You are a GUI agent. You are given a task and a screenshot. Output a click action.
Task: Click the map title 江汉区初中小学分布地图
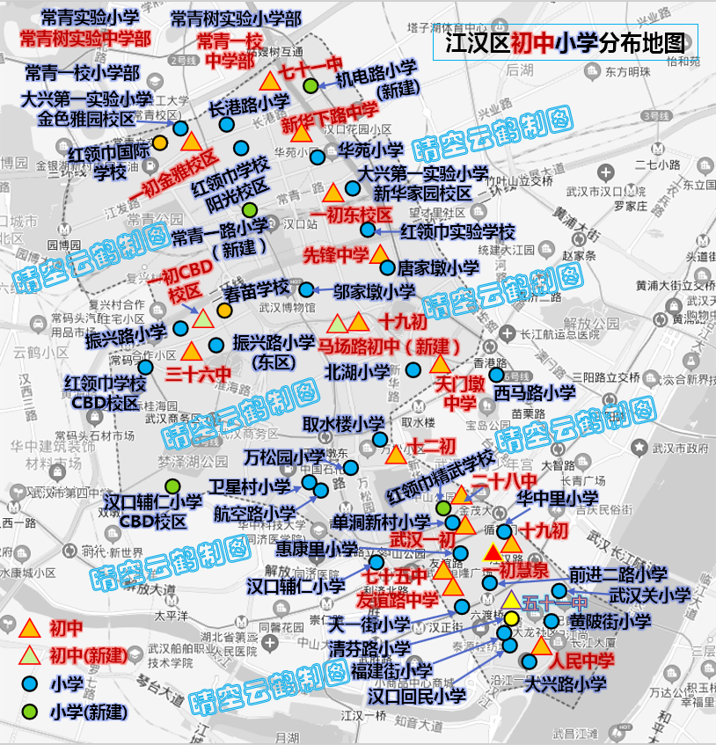[565, 42]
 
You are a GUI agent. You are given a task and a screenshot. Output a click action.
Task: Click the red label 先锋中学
[336, 255]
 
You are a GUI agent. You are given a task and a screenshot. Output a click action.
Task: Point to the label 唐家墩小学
[438, 267]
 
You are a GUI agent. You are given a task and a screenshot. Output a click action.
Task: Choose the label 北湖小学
[357, 370]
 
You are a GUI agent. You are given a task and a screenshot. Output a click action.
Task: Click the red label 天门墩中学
[459, 393]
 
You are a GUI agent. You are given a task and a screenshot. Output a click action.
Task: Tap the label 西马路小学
[535, 392]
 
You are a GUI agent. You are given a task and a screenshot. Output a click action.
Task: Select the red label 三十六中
[198, 374]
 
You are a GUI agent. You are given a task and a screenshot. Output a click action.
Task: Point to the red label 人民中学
[582, 660]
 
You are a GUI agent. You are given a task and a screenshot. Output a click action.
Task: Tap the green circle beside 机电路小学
[311, 85]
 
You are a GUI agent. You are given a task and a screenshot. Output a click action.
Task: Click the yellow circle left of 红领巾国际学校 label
[160, 142]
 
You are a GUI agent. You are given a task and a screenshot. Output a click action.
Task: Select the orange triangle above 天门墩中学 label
[439, 364]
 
